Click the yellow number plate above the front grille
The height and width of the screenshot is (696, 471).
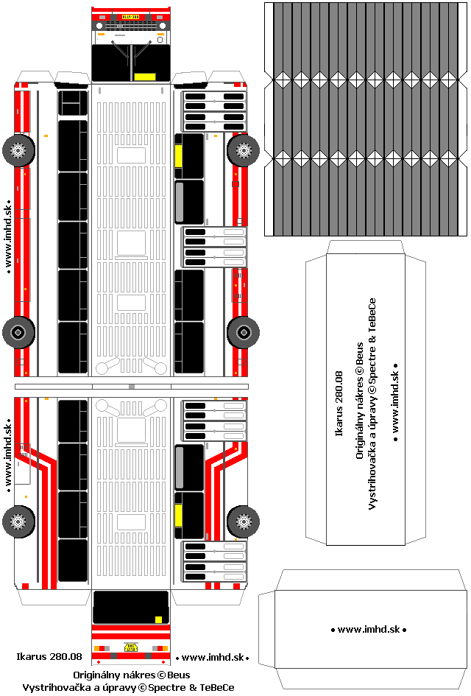(x=131, y=16)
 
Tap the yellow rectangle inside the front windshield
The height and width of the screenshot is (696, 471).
(x=145, y=77)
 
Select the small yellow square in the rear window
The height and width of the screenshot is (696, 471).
(x=158, y=619)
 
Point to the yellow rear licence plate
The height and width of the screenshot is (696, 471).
(x=131, y=647)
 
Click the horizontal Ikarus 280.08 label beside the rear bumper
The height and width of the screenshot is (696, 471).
(x=49, y=656)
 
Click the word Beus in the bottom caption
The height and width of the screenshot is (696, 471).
(x=179, y=675)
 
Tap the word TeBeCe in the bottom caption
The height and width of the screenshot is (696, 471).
(x=218, y=687)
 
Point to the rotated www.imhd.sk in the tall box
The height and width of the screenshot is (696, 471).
(x=395, y=402)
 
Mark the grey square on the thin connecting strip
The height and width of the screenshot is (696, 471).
(x=131, y=386)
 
